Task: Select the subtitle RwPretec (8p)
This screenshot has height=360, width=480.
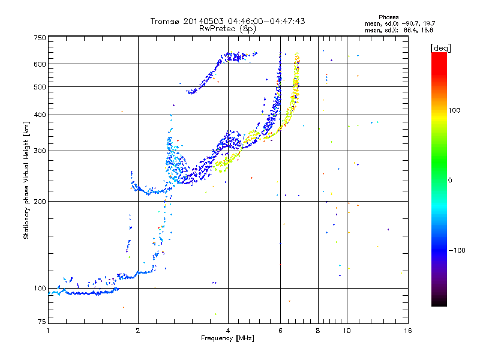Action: click(x=227, y=29)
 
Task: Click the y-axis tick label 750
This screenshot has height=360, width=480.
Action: click(x=40, y=38)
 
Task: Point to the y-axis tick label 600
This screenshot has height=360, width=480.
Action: click(x=40, y=64)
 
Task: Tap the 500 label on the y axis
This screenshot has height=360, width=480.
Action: click(x=40, y=87)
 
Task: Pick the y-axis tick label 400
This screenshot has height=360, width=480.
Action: click(x=40, y=115)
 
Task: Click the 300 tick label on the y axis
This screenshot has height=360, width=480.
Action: click(x=40, y=151)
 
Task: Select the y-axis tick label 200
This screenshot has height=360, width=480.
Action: click(x=40, y=202)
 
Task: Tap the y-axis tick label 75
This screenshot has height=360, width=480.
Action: click(x=42, y=322)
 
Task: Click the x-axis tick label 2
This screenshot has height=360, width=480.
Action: click(x=138, y=331)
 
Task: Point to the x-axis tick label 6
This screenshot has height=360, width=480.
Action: click(x=280, y=331)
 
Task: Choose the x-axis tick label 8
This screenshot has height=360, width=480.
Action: click(x=318, y=331)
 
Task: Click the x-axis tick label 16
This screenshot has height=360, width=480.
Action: click(x=408, y=331)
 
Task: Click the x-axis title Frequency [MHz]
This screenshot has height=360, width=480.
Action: click(x=227, y=338)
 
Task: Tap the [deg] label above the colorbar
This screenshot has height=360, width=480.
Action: click(x=440, y=48)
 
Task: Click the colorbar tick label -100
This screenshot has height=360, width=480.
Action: click(x=457, y=250)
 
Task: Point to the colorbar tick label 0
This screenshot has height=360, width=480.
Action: click(x=449, y=181)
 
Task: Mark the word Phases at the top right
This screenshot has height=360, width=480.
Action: click(x=389, y=17)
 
